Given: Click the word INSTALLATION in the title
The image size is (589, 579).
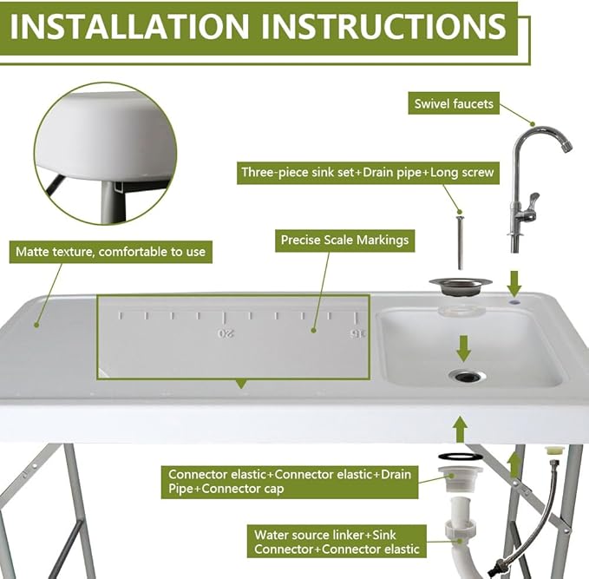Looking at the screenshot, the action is (x=129, y=27).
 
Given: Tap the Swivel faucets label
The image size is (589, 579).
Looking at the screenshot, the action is (x=454, y=103).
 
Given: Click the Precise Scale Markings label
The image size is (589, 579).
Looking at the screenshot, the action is (x=345, y=240).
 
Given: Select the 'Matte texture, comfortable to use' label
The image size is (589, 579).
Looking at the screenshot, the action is (x=111, y=252).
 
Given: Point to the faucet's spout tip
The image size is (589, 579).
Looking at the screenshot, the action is (x=566, y=146).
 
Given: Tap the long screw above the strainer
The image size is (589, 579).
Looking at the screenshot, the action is (x=460, y=242).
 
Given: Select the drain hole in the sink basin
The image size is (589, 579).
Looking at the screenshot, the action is (x=467, y=375).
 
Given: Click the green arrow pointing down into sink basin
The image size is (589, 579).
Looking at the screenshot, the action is (x=463, y=348).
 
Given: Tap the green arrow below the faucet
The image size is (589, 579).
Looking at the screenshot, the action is (x=514, y=284).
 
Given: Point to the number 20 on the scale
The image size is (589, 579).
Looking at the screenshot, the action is (x=226, y=333).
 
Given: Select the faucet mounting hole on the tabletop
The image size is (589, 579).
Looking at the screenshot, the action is (x=514, y=301).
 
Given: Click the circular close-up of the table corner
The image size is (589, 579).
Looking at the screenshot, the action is (x=106, y=154).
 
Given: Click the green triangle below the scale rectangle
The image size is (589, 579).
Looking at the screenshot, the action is (x=241, y=385).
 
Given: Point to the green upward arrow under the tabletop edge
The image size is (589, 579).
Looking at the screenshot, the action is (x=461, y=430).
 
